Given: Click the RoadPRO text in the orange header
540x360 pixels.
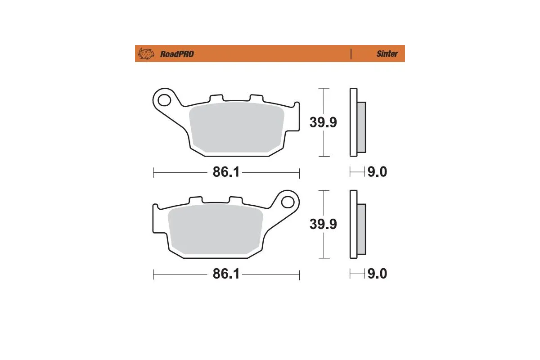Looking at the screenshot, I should pyautogui.click(x=177, y=54).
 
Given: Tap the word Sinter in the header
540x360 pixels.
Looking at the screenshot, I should pyautogui.click(x=387, y=54).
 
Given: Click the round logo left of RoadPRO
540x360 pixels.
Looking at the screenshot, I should pyautogui.click(x=145, y=54).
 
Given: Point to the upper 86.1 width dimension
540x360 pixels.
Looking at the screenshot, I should pyautogui.click(x=226, y=172).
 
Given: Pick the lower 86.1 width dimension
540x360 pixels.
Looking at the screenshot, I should pyautogui.click(x=226, y=274).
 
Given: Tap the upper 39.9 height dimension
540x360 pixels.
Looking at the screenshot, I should pyautogui.click(x=323, y=122).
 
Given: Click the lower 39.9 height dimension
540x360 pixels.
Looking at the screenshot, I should pyautogui.click(x=323, y=224).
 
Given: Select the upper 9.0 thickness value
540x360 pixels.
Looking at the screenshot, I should pyautogui.click(x=377, y=172).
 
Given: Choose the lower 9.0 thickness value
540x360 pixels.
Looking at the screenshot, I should pyautogui.click(x=377, y=274).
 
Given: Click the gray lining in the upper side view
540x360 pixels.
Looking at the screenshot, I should pyautogui.click(x=361, y=127).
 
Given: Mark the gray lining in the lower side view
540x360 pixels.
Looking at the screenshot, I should pyautogui.click(x=361, y=229).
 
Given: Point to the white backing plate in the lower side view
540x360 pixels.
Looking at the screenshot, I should pyautogui.click(x=353, y=224).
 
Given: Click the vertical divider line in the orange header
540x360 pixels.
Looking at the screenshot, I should pyautogui.click(x=351, y=54).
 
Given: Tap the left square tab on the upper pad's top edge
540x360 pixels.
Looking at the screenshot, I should pyautogui.click(x=216, y=98).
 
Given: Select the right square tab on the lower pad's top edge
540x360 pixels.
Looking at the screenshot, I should pyautogui.click(x=235, y=199).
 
